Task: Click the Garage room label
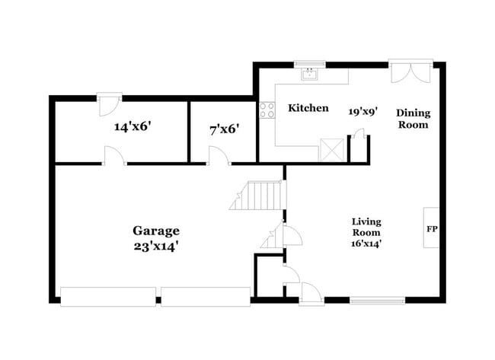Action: coord(156,230)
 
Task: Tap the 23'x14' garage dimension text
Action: coord(156,246)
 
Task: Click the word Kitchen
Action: coord(308,108)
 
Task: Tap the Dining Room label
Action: coord(412,119)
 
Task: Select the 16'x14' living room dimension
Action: coord(366,244)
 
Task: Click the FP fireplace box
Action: coord(432,228)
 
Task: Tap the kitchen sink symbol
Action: coord(311,75)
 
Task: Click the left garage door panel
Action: coord(108,296)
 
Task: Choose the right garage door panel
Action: coord(206,296)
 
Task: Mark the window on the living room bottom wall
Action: coord(376,300)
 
